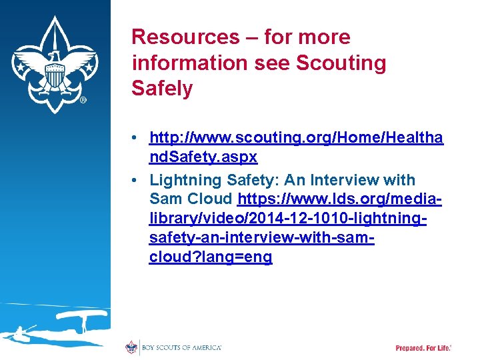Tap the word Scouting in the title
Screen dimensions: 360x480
341,63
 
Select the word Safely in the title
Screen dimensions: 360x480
162,88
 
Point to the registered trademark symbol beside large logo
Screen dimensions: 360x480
83,100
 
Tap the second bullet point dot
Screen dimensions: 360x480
135,180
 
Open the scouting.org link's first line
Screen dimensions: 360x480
296,138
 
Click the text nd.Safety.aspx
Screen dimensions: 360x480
203,158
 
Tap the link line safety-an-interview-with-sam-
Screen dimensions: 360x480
261,237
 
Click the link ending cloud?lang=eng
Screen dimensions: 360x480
211,257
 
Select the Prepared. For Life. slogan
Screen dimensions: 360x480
423,348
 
